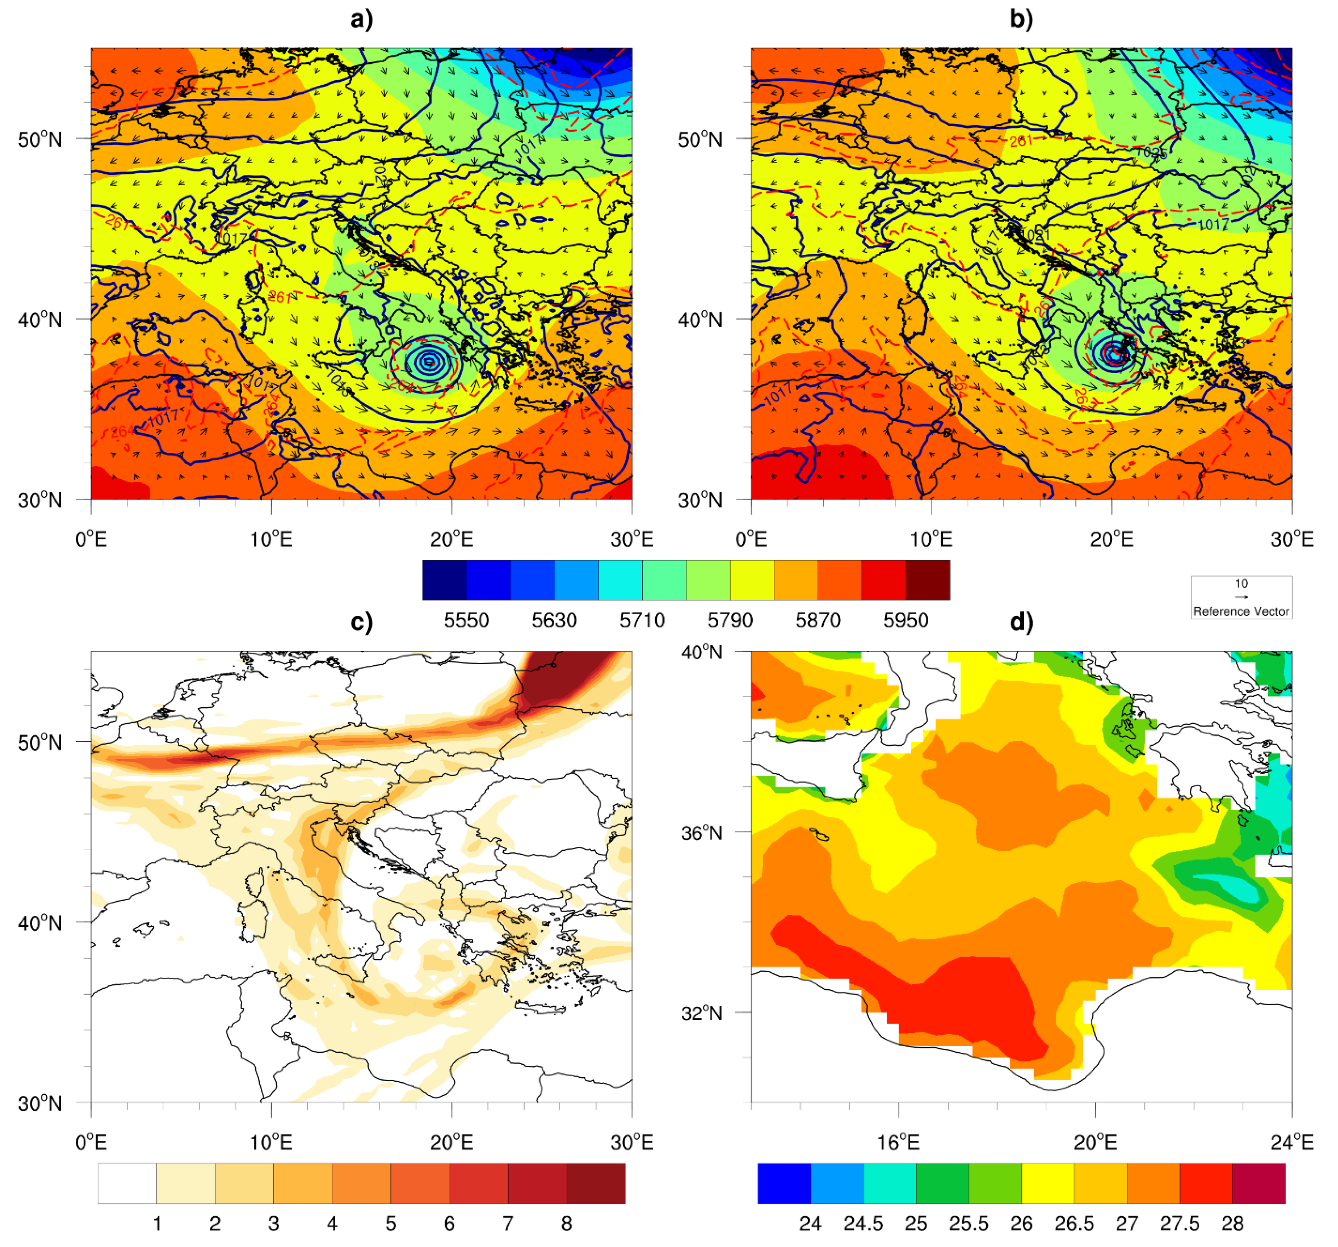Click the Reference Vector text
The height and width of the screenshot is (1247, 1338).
[1240, 611]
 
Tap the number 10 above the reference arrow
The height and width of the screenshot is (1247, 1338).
[1240, 584]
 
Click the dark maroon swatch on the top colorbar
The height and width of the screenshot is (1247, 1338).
[927, 580]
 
